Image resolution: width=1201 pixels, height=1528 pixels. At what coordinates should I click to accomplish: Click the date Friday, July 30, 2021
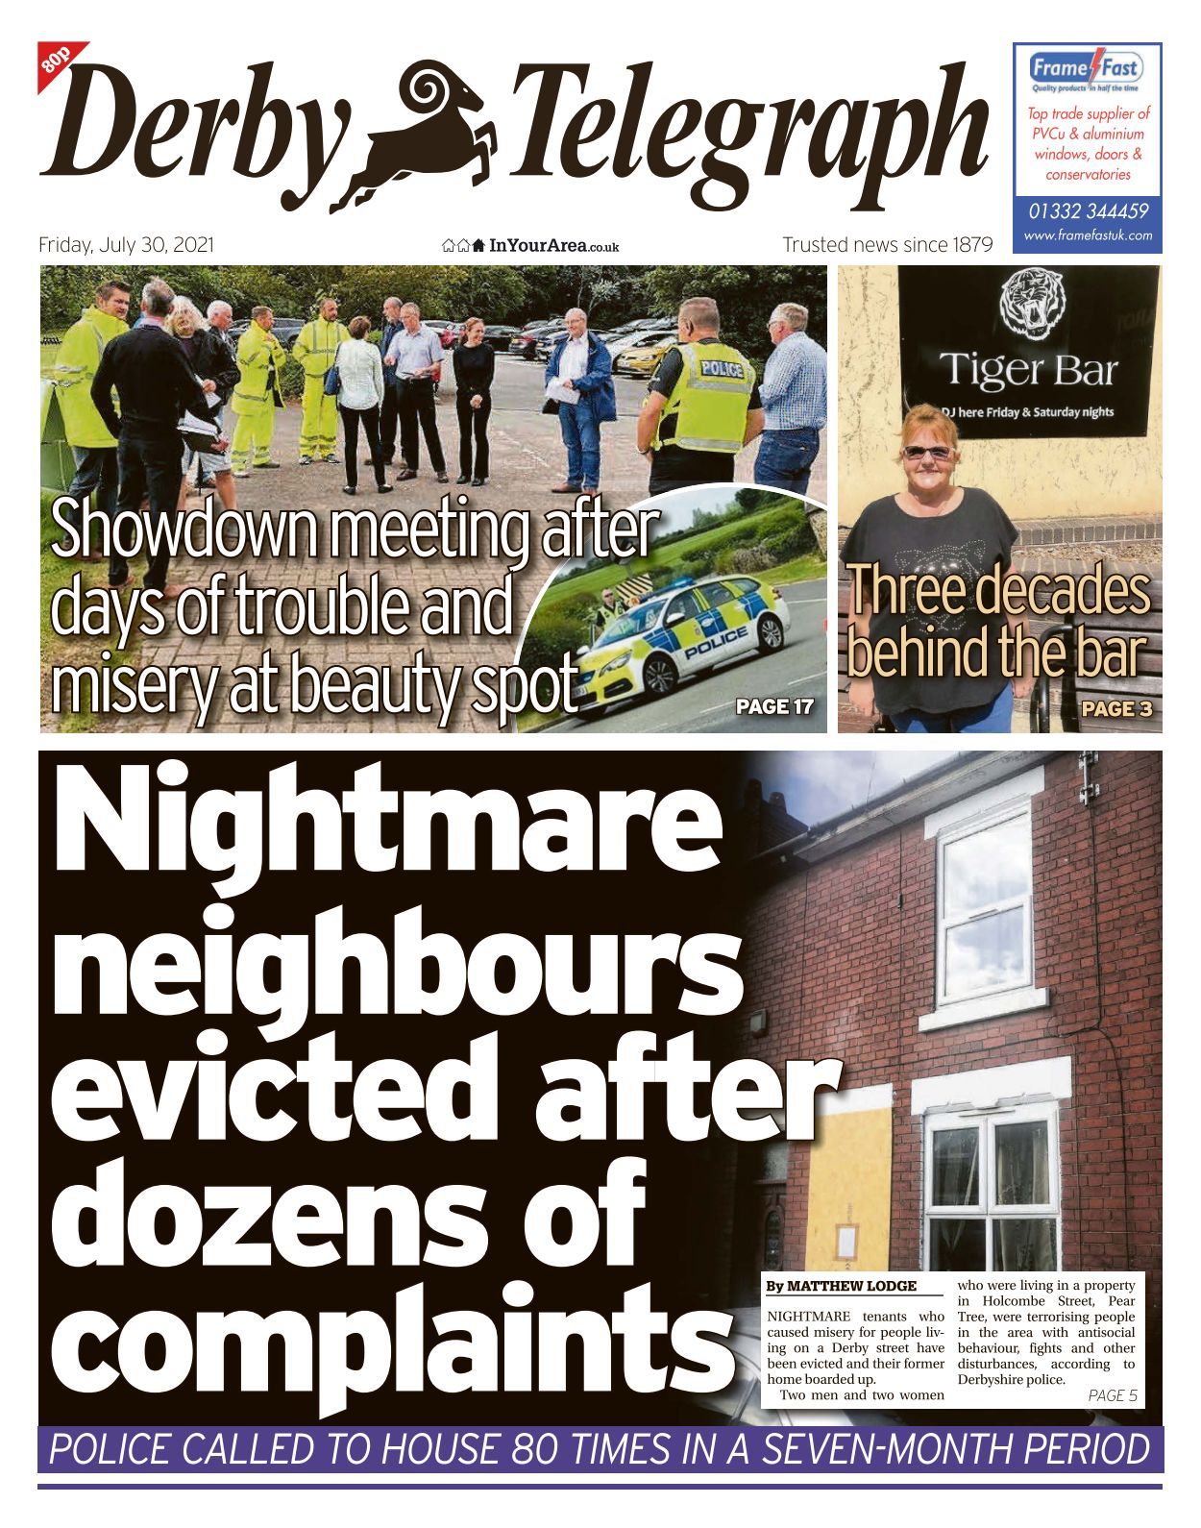click(126, 245)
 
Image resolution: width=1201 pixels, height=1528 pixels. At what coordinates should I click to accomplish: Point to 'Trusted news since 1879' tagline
click(887, 245)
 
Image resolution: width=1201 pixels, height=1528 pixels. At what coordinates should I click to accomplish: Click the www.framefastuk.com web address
click(1088, 235)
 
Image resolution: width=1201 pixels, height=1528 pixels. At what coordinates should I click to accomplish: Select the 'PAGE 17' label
click(773, 707)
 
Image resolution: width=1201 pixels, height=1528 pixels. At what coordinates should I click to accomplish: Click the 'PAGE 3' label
click(1115, 710)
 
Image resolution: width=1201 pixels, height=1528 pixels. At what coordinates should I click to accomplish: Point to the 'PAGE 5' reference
click(1112, 1395)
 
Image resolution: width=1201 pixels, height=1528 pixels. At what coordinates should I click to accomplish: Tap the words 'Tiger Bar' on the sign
click(1028, 370)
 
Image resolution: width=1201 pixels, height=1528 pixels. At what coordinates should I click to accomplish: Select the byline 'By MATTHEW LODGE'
click(841, 1286)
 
